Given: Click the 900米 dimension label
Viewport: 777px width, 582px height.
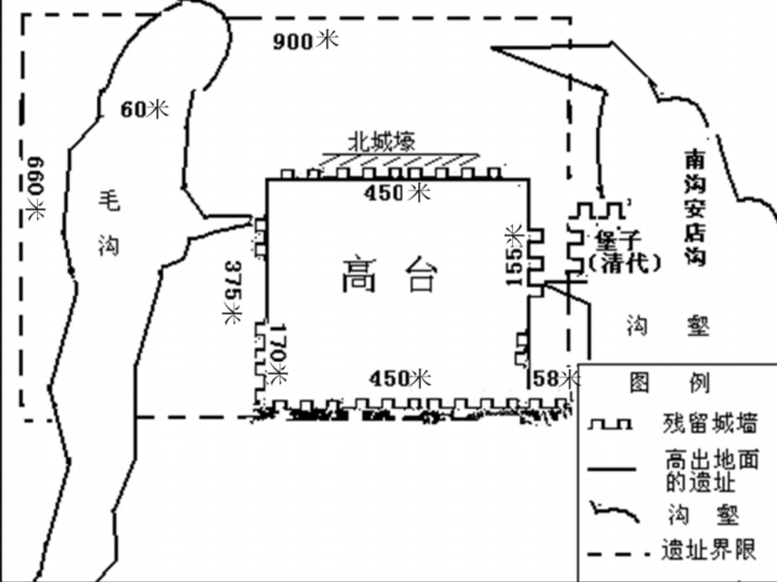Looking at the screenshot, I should [306, 41].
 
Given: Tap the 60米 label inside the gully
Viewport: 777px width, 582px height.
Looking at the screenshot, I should [144, 109].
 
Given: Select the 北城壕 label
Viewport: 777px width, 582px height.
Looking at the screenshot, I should [381, 141].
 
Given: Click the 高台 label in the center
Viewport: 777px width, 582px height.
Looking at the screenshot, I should [390, 276].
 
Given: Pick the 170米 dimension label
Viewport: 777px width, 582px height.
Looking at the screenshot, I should [278, 357].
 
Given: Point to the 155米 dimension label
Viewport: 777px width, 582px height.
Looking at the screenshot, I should [515, 255].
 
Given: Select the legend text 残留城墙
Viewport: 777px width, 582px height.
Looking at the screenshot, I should [709, 423].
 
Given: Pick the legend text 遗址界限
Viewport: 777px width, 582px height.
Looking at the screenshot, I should [708, 549].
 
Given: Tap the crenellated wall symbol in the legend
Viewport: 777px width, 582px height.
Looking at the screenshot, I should [611, 424].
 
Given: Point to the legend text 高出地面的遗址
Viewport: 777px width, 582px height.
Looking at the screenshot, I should [711, 470].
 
